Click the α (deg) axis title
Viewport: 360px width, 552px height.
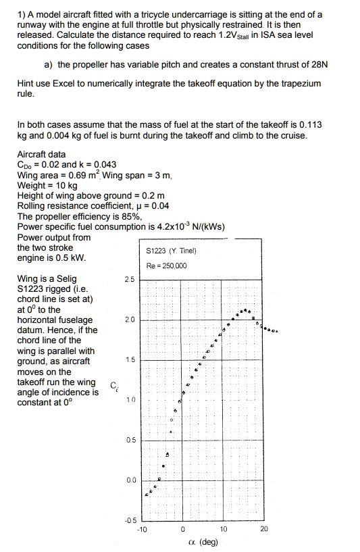203,543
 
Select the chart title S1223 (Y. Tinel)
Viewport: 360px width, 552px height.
171,251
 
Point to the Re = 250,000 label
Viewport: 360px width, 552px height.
167,265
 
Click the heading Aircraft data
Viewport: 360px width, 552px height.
41,155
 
